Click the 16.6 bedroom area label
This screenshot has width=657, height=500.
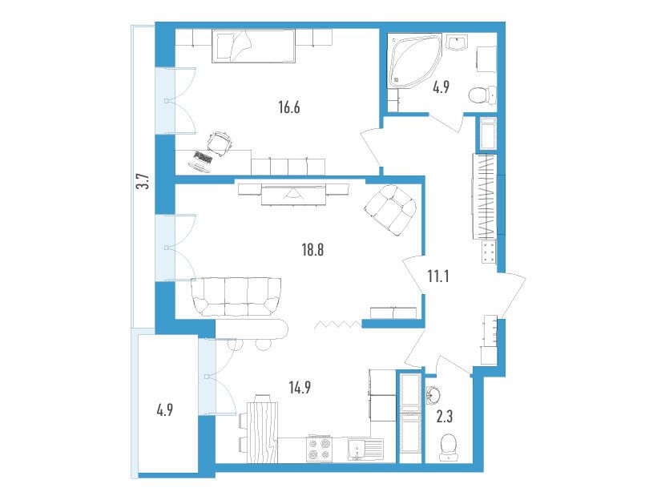289,107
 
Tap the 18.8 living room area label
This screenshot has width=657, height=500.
312,250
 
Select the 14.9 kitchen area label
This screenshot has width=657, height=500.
300,388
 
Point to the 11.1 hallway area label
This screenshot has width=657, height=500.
438,276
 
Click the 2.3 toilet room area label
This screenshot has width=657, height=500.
444,417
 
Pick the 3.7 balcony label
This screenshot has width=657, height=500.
143,181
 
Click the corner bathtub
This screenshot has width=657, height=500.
415,61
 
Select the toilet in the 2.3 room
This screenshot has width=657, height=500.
448,448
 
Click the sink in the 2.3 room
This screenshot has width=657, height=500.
433,395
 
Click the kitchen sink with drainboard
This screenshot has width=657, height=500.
365,449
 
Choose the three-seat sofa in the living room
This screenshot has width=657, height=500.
236,296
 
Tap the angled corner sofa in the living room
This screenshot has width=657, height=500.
390,210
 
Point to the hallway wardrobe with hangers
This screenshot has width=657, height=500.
486,196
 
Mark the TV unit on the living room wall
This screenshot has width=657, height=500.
293,193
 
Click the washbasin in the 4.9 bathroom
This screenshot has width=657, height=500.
457,42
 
